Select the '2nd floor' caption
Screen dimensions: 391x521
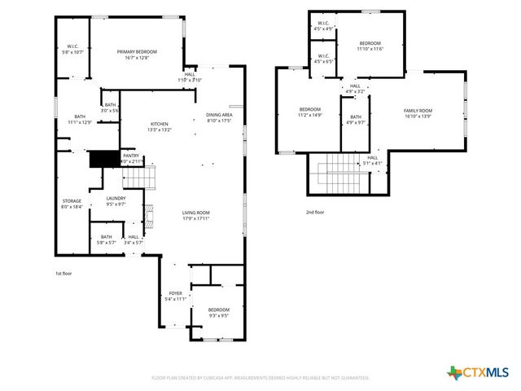tap(315, 212)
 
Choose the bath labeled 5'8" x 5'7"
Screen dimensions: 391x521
tap(107, 239)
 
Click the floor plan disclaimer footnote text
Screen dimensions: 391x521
tap(260, 378)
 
